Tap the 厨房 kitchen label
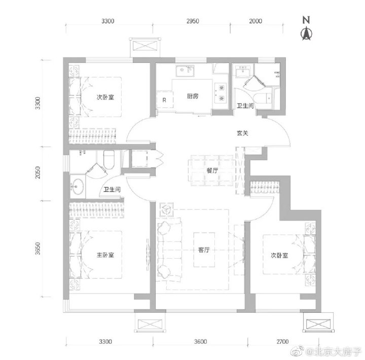pos(193,96)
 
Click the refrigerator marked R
pos(165,100)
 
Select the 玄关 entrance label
pos(242,133)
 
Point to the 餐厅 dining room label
pos(212,170)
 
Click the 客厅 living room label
pos(204,250)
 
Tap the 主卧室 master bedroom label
pos(105,255)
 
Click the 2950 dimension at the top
pos(193,21)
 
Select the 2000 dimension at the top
pos(255,21)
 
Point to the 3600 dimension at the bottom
pos(201,342)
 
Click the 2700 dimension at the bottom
pos(282,342)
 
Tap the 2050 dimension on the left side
pos(38,172)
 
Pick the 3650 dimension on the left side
pos(38,248)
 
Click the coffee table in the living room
pos(204,250)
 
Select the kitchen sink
pos(186,71)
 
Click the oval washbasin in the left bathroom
pos(78,186)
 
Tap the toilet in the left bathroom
pos(108,160)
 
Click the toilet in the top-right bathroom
pos(263,98)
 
